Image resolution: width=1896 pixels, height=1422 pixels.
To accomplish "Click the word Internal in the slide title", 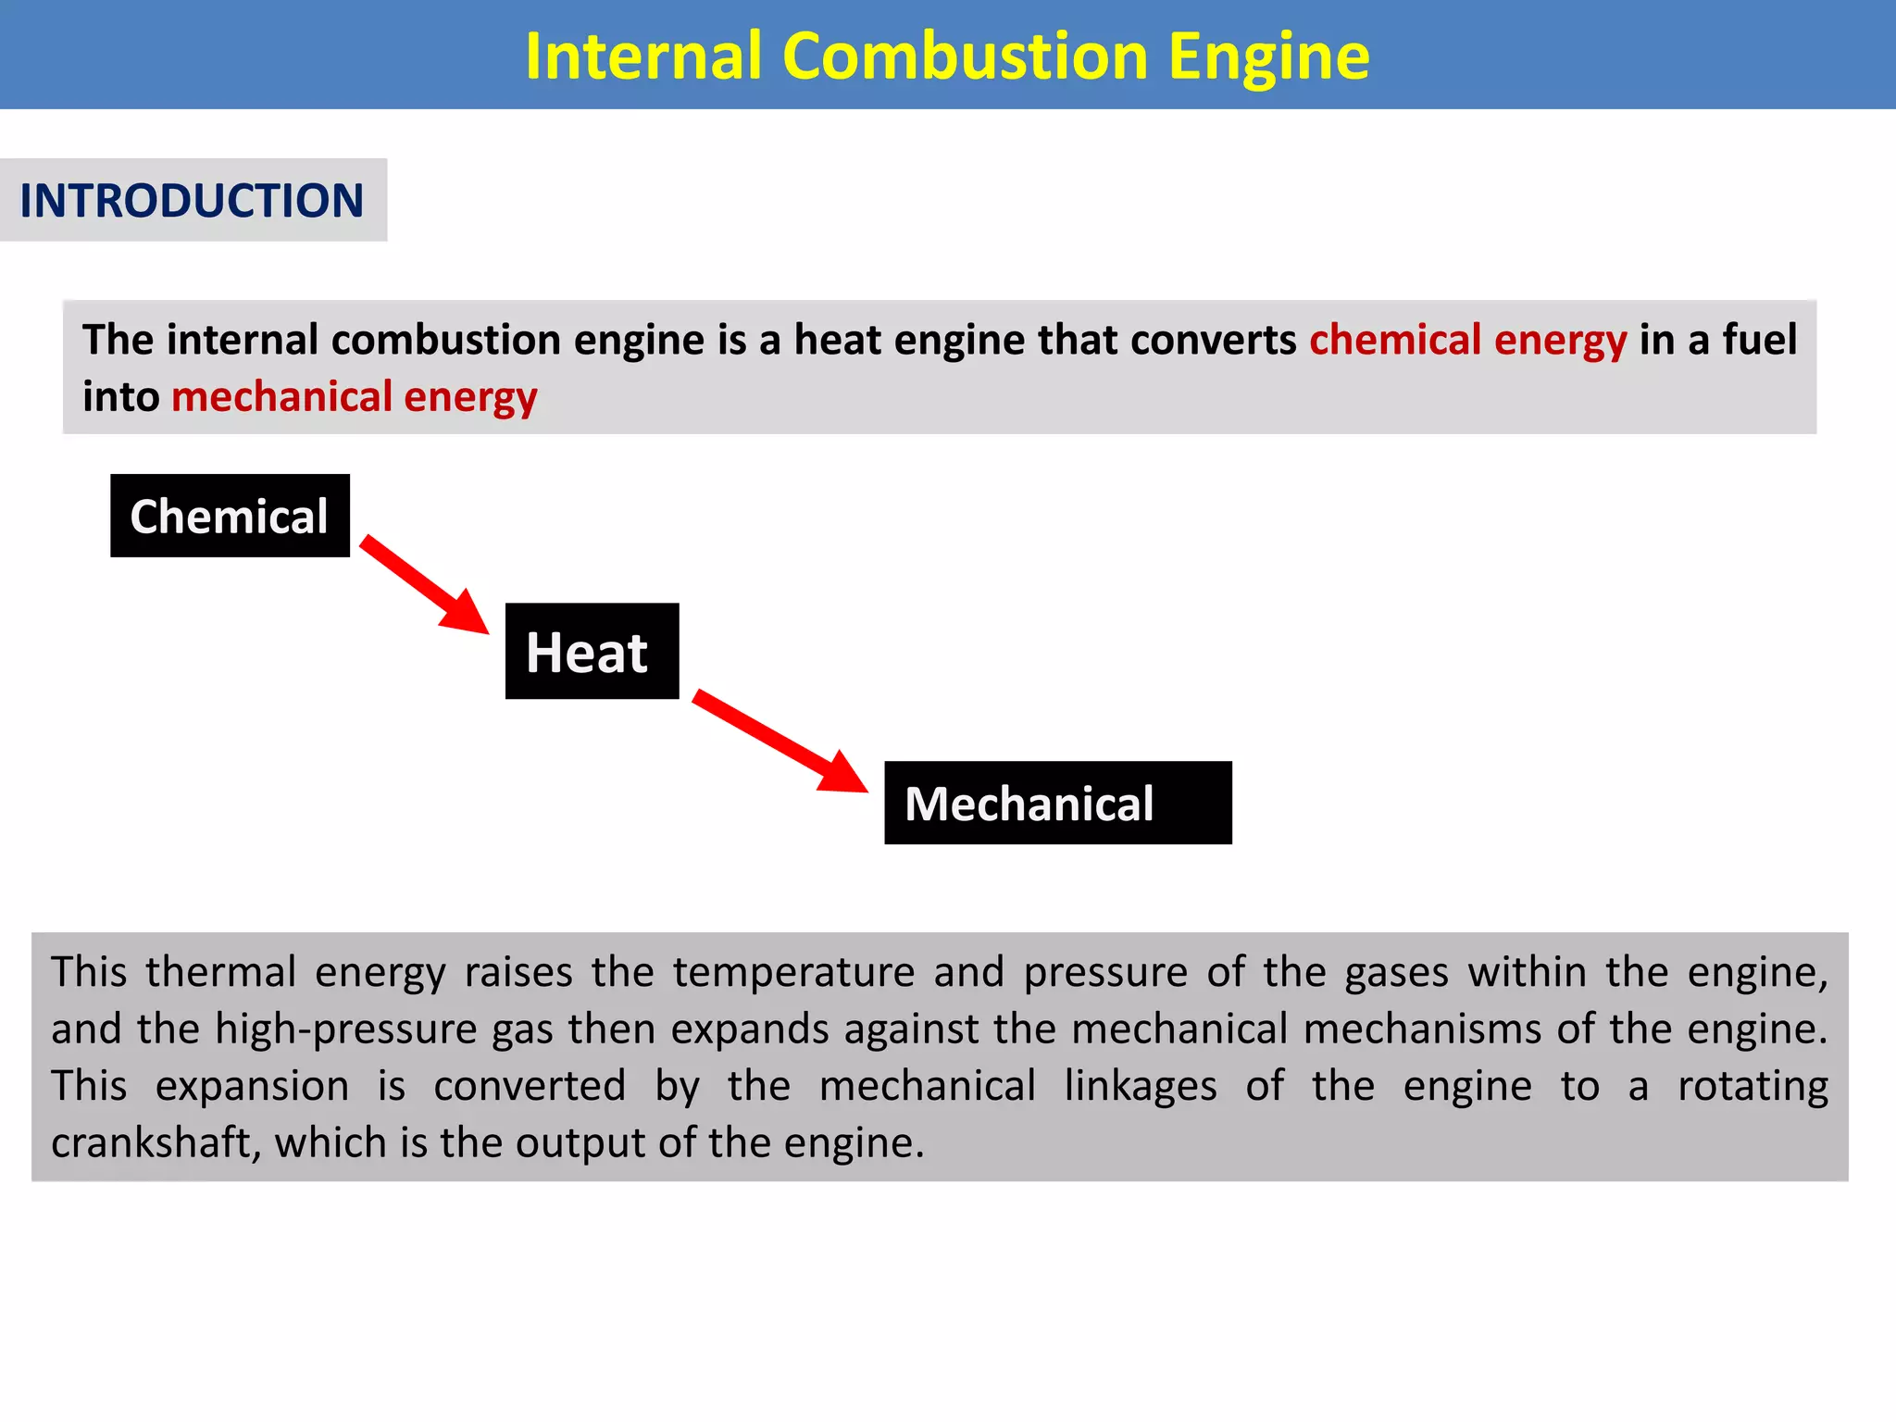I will [642, 56].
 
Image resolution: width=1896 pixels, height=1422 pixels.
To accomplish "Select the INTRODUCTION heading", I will [192, 201].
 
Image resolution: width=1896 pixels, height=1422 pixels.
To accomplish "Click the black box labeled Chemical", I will [230, 516].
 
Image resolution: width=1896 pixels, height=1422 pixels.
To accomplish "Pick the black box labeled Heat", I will [592, 651].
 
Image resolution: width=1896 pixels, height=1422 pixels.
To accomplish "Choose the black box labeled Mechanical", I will [1057, 803].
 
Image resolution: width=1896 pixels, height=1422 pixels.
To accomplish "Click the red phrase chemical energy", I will [1467, 340].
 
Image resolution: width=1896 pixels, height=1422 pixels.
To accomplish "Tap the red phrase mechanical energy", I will [354, 397].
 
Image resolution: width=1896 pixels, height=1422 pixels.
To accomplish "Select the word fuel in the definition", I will [1759, 340].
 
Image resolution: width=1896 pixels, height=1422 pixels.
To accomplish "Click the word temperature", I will [793, 973].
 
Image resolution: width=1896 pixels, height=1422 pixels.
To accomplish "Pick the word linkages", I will [1140, 1087].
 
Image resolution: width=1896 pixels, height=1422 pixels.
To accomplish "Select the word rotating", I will [1753, 1087].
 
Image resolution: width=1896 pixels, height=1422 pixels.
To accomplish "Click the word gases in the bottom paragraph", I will [1396, 973].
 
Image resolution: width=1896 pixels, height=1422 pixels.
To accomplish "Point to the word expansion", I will [252, 1087].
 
